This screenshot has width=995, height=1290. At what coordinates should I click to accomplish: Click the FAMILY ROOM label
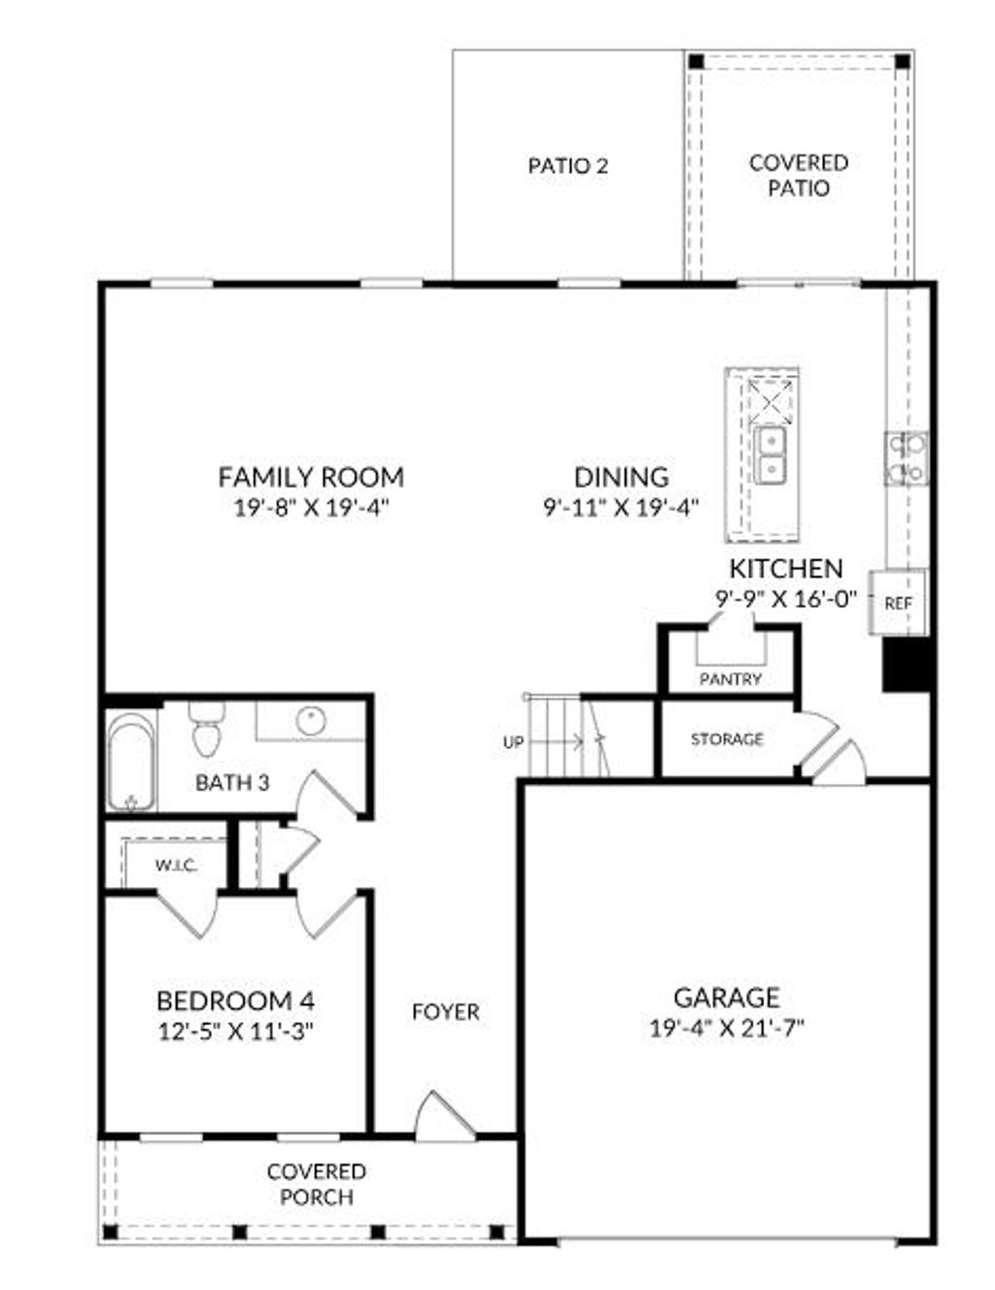pyautogui.click(x=311, y=477)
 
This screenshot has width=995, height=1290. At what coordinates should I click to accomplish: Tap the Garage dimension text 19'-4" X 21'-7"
pyautogui.click(x=727, y=1028)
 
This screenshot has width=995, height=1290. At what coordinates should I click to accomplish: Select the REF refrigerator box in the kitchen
pyautogui.click(x=898, y=602)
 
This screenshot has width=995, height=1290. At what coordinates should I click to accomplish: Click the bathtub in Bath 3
pyautogui.click(x=130, y=763)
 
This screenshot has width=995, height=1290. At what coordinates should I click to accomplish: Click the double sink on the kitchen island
pyautogui.click(x=772, y=455)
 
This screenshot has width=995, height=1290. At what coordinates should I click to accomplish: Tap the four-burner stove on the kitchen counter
pyautogui.click(x=906, y=458)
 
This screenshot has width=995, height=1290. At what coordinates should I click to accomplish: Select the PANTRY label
pyautogui.click(x=731, y=679)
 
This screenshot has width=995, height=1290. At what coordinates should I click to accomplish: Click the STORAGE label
pyautogui.click(x=727, y=739)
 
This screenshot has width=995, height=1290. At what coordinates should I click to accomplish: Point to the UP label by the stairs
pyautogui.click(x=513, y=742)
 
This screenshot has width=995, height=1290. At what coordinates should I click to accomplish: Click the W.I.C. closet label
pyautogui.click(x=176, y=865)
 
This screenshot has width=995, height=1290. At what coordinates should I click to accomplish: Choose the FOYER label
pyautogui.click(x=446, y=1012)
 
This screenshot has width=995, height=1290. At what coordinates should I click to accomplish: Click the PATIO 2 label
pyautogui.click(x=568, y=166)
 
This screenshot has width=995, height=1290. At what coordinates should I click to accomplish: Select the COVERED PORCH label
pyautogui.click(x=317, y=1185)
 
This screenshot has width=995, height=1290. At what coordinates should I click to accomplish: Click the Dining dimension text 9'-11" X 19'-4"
pyautogui.click(x=621, y=507)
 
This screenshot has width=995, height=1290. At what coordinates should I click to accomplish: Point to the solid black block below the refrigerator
pyautogui.click(x=908, y=664)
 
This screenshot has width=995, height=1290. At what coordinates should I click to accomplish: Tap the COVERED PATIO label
pyautogui.click(x=799, y=175)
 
